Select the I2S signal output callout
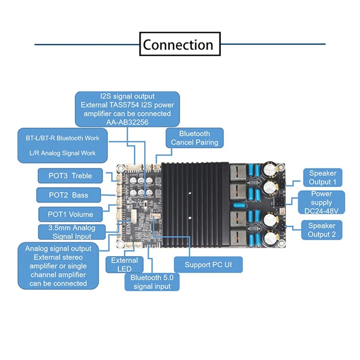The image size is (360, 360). point(127,109)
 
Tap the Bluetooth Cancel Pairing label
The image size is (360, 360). point(194,138)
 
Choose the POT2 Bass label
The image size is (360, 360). point(68,195)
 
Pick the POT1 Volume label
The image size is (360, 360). point(71,214)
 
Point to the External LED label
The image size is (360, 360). point(124,265)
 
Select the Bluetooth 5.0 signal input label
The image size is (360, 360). point(152,282)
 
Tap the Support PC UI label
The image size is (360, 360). point(207,264)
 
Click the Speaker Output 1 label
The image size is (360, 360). point(322,178)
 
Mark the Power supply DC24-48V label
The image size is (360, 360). point(321,202)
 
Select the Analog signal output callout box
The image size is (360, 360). point(58,266)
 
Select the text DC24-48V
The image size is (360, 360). point(321,211)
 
